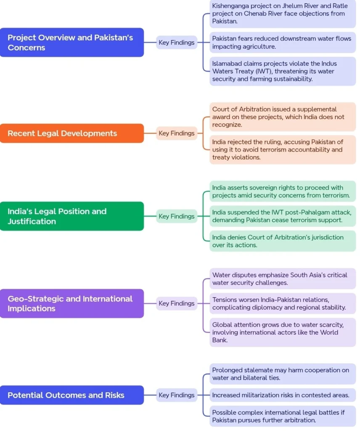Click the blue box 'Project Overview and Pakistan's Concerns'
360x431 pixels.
[x=71, y=43]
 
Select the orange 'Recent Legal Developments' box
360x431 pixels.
[x=71, y=133]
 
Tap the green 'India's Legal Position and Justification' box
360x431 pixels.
[x=71, y=216]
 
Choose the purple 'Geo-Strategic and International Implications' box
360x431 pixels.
[x=71, y=303]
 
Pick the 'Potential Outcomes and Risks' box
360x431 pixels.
[x=71, y=395]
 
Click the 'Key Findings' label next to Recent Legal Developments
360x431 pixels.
[x=177, y=133]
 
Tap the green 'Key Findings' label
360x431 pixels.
[x=177, y=216]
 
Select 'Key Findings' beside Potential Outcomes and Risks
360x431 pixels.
[x=177, y=395]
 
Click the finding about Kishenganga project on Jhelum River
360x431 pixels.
[x=283, y=13]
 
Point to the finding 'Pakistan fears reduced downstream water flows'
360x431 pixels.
[x=283, y=43]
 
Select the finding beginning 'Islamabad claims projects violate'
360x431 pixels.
[x=283, y=71]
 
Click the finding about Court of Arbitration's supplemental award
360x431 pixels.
[x=283, y=117]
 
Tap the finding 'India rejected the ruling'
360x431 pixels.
[x=283, y=149]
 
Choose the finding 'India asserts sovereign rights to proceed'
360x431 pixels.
[x=283, y=192]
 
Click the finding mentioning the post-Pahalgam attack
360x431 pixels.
[x=283, y=216]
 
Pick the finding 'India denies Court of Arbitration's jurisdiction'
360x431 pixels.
[x=283, y=241]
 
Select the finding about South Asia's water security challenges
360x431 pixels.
[x=283, y=279]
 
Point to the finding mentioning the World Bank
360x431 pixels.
[x=283, y=333]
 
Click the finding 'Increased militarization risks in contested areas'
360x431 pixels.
[x=283, y=395]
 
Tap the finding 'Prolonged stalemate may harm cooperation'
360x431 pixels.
[x=283, y=374]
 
